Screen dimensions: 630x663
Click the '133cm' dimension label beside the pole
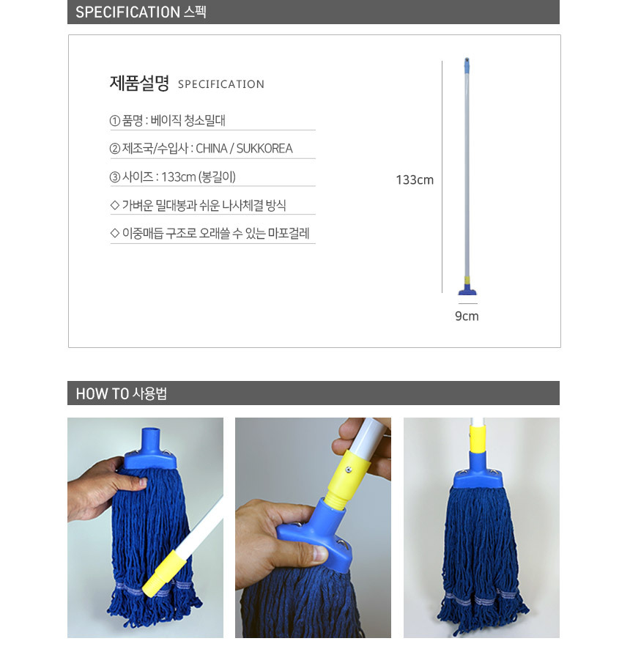pos(415,179)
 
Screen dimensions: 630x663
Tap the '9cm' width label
pos(467,316)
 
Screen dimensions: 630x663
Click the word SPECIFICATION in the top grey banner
pos(127,12)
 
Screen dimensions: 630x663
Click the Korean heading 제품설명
pos(139,83)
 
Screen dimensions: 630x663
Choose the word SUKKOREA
pos(264,149)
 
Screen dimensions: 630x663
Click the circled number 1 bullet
pos(115,121)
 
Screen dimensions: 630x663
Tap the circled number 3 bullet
pos(115,177)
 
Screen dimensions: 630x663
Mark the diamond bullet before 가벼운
pos(114,205)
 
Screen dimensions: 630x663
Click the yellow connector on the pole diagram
pos(467,280)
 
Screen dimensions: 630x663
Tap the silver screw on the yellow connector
pos(349,469)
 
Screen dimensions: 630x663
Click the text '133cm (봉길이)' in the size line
pos(199,177)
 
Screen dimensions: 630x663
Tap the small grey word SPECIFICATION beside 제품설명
pos(221,84)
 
